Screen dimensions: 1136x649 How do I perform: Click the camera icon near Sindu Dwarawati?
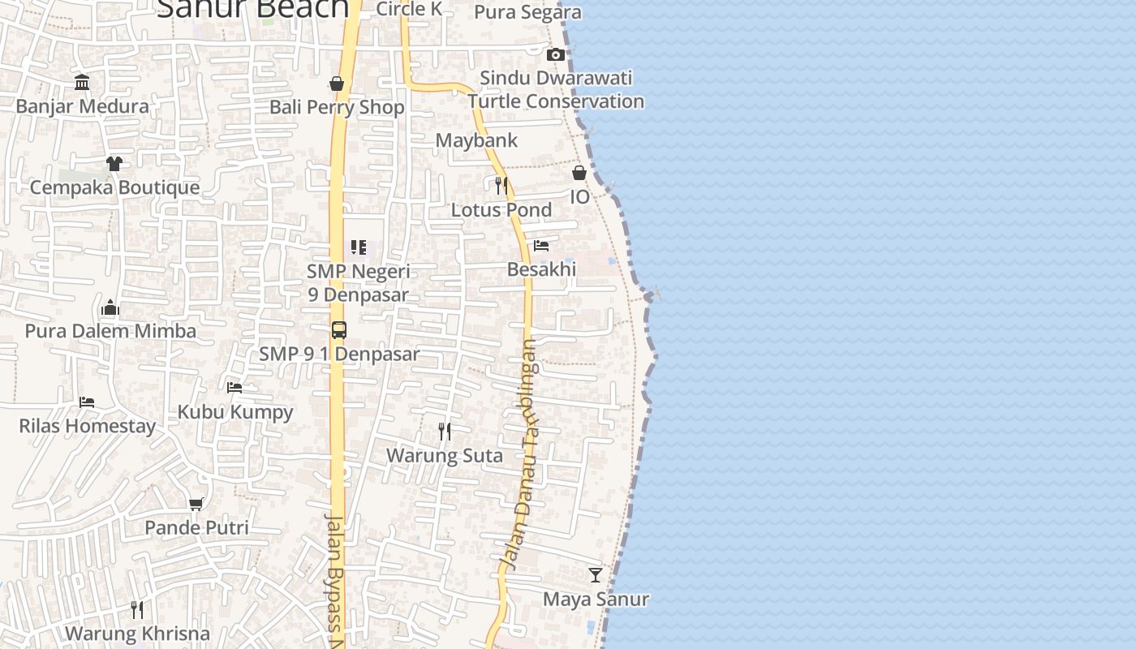556,55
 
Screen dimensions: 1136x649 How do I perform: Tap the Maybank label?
476,140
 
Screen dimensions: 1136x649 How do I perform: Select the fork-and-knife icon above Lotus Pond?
501,185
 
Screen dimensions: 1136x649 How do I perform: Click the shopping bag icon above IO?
579,173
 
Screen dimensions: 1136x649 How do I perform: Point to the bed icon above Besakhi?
541,245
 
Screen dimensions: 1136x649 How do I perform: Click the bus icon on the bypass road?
339,330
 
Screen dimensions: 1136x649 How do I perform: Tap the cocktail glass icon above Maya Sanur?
596,575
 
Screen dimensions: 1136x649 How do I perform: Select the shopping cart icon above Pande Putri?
196,504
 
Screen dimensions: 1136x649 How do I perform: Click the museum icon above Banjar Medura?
82,82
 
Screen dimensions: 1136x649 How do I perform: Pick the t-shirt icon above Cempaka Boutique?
114,163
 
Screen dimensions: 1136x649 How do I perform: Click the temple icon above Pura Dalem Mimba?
110,307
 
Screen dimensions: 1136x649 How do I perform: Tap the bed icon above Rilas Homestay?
87,402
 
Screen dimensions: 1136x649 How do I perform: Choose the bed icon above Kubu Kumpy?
235,387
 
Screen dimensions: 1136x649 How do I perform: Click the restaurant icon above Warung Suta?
445,431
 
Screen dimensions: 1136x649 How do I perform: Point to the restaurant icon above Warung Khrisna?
137,609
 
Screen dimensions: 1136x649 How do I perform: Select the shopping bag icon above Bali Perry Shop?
337,84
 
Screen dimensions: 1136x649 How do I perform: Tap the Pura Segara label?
527,12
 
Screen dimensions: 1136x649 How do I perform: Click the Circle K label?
409,9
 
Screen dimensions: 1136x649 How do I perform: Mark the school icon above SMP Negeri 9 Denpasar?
359,247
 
